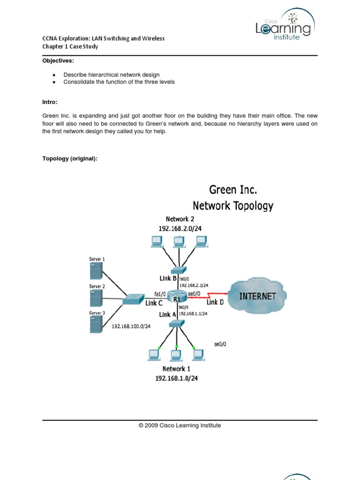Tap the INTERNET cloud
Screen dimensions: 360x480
click(257, 296)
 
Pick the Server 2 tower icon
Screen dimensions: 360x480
click(97, 298)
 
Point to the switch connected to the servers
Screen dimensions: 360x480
click(134, 299)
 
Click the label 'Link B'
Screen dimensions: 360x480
click(168, 278)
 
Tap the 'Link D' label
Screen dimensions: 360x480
click(215, 302)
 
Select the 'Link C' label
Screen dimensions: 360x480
click(154, 303)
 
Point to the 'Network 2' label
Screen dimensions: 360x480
click(180, 219)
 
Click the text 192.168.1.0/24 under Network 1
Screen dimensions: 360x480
click(177, 378)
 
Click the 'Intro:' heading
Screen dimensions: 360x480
click(50, 102)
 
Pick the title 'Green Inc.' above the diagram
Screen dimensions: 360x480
click(233, 190)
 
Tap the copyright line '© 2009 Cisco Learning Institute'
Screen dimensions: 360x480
click(180, 426)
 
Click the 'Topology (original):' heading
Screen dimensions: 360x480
click(70, 159)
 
